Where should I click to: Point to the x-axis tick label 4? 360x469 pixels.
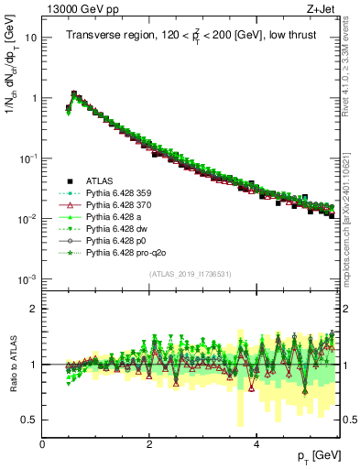pos(256,444)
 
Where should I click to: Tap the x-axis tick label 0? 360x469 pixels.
pos(43,444)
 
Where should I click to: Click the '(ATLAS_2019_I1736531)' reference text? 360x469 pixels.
pos(191,274)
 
